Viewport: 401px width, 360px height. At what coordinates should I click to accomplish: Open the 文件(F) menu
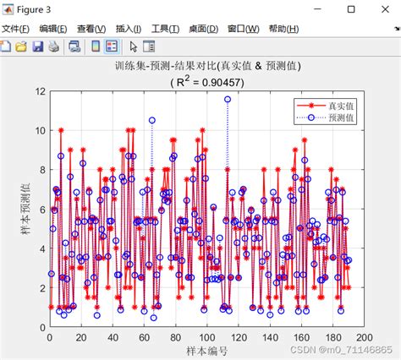(16, 28)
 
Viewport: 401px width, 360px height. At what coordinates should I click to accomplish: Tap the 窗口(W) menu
(243, 28)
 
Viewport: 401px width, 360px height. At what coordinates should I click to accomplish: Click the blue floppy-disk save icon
(37, 46)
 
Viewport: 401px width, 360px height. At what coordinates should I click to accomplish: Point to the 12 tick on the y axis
(38, 91)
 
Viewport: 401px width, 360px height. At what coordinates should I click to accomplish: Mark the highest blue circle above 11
(228, 99)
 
